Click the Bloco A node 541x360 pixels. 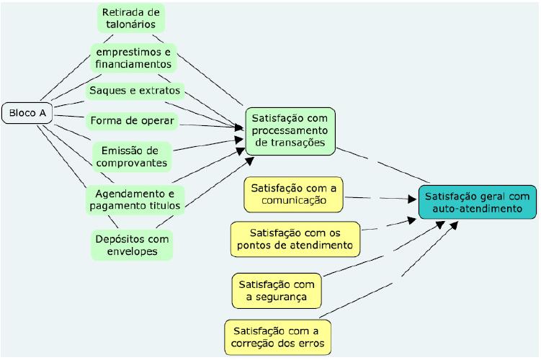pyautogui.click(x=28, y=112)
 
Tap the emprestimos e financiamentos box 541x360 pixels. pyautogui.click(x=133, y=57)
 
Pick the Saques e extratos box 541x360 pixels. pyautogui.click(x=135, y=91)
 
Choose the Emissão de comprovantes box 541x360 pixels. pyautogui.click(x=132, y=156)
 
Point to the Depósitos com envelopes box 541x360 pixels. pyautogui.click(x=134, y=244)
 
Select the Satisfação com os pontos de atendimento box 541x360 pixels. pyautogui.click(x=295, y=239)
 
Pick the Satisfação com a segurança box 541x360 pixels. pyautogui.click(x=277, y=289)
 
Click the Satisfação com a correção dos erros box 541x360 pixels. pyautogui.click(x=278, y=338)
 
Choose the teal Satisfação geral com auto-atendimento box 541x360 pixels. pyautogui.click(x=476, y=202)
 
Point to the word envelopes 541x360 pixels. pyautogui.click(x=134, y=251)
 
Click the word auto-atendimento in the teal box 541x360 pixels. pyautogui.click(x=476, y=209)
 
